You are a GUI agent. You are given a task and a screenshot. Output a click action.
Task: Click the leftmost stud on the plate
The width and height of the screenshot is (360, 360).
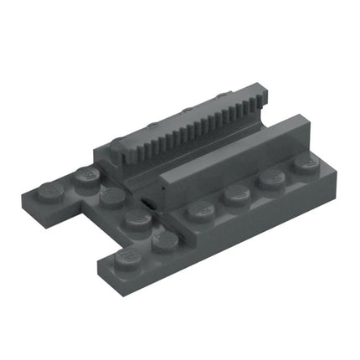[x=53, y=191]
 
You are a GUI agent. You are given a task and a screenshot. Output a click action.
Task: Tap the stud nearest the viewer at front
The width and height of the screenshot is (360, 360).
[x=128, y=255]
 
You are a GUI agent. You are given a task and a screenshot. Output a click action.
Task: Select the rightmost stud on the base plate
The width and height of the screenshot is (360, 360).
[x=302, y=165]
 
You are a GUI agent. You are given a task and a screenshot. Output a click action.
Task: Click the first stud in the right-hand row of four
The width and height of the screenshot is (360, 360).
[x=200, y=210]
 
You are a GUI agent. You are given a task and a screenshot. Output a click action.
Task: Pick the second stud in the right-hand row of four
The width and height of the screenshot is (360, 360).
[x=235, y=194]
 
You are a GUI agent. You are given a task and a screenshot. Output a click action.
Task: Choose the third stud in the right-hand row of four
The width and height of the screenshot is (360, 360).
[x=270, y=179]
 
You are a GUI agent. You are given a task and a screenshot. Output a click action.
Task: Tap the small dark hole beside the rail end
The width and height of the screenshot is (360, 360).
[x=147, y=203]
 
